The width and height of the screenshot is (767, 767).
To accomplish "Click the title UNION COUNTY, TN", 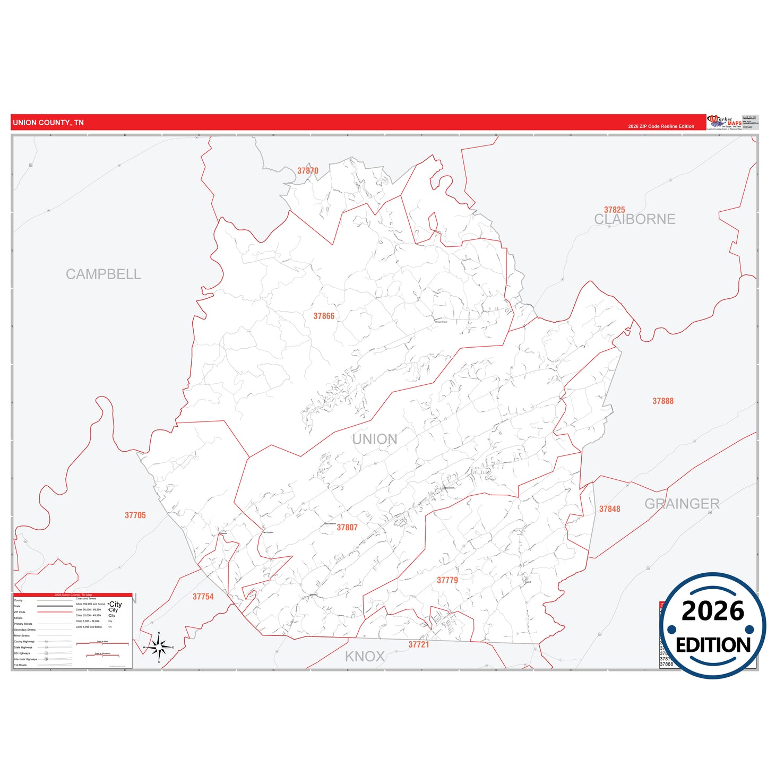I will point(48,123).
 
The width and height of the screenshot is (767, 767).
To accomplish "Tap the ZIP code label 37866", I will point(324,316).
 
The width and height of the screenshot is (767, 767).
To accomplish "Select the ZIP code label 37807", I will point(347,528).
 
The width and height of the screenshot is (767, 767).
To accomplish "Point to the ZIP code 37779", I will point(447,580).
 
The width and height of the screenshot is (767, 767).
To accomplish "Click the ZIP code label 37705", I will point(135,515).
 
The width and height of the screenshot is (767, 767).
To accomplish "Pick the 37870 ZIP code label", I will point(308,171).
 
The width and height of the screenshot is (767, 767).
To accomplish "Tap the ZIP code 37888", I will point(663,401).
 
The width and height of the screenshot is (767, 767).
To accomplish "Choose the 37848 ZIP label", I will point(609,509).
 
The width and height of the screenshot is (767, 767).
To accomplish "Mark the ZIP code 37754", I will point(203,597).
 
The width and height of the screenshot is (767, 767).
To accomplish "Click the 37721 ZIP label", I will point(418,644).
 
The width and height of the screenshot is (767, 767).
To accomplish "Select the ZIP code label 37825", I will point(614,210).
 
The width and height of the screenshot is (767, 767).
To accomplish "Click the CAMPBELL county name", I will point(104,274).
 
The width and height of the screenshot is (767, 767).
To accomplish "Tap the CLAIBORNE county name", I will point(634,219).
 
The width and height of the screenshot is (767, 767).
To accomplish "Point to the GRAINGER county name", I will point(682,504).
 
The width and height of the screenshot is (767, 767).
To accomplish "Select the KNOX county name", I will point(365,657).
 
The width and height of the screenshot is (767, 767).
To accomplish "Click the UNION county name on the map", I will point(375,439).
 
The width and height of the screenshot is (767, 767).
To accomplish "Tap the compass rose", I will point(159,647).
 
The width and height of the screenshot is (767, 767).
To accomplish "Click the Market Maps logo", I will point(725,122).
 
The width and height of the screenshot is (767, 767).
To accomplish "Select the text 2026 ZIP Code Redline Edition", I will point(661,126).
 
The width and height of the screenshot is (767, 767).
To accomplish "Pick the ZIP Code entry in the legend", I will point(20,612).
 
